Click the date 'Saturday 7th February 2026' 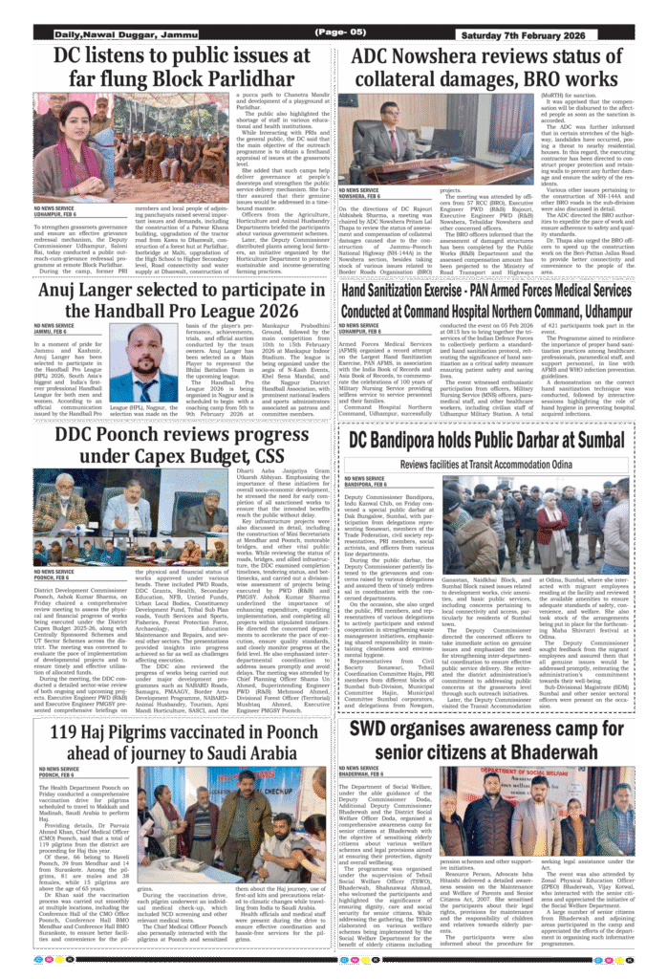tap(548, 34)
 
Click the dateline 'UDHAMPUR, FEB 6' tap(58, 215)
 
